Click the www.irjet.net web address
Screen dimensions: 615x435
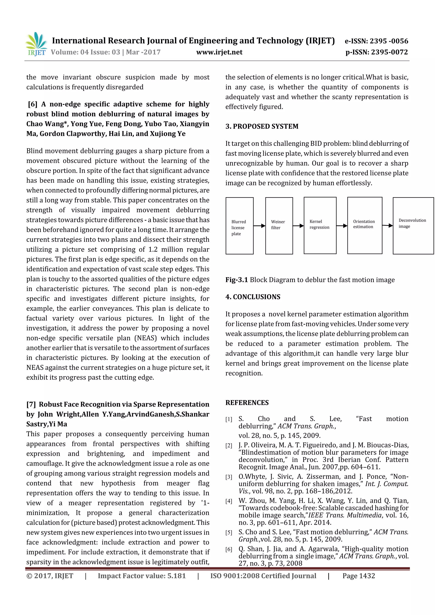tap(219, 52)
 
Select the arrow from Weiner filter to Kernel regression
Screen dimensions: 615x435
tap(298, 226)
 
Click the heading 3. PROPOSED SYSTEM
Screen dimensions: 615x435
tap(262, 127)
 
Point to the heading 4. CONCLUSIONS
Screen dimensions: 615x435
tap(253, 297)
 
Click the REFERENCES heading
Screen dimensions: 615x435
tap(247, 402)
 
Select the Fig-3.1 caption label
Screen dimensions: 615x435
tap(236, 280)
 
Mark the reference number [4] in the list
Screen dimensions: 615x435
tap(229, 501)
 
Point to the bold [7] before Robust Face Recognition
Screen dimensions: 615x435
tap(31, 404)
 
